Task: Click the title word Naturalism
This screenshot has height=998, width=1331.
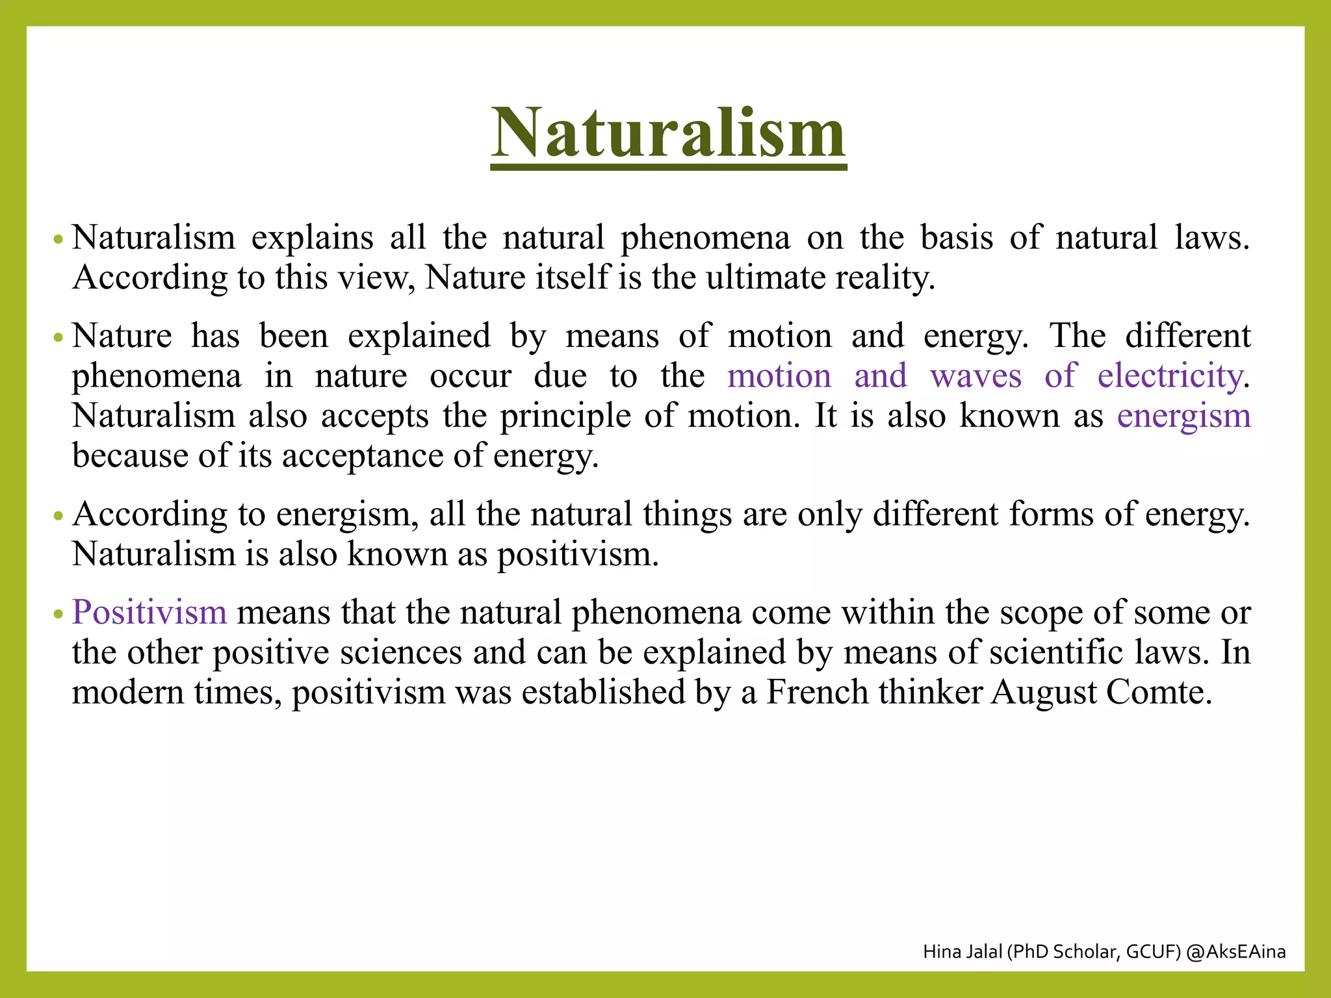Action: point(668,133)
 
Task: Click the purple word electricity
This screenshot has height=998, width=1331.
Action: point(1170,376)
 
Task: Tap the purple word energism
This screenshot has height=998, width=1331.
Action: point(1183,416)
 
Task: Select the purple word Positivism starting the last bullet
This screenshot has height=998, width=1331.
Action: point(149,613)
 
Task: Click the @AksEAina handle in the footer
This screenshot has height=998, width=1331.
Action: point(1235,952)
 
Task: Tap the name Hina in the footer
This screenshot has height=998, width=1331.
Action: point(940,952)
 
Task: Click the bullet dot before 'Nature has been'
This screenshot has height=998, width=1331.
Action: point(58,339)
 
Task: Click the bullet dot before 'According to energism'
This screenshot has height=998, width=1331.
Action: point(58,517)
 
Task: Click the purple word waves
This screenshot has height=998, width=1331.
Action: point(976,376)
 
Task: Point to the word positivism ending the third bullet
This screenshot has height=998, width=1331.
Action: point(578,555)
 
